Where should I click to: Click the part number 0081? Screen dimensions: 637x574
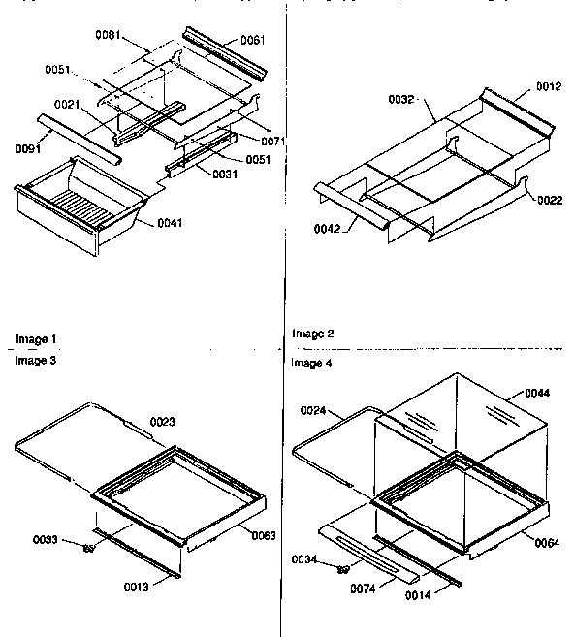(110, 37)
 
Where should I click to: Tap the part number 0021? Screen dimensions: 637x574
(67, 105)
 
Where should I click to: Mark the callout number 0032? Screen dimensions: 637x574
(401, 99)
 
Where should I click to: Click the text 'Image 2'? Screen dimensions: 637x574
(313, 334)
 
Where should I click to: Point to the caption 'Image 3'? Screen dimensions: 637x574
(36, 359)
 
